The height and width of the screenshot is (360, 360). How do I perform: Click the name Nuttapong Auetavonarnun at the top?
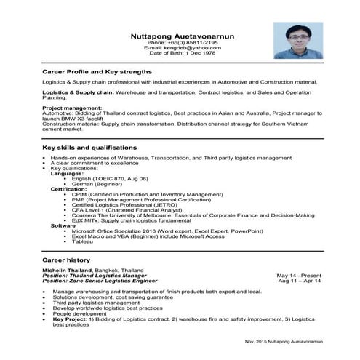pos(182,36)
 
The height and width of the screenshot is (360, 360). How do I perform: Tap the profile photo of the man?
pos(298,40)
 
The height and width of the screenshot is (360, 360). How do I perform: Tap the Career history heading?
pos(66,260)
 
